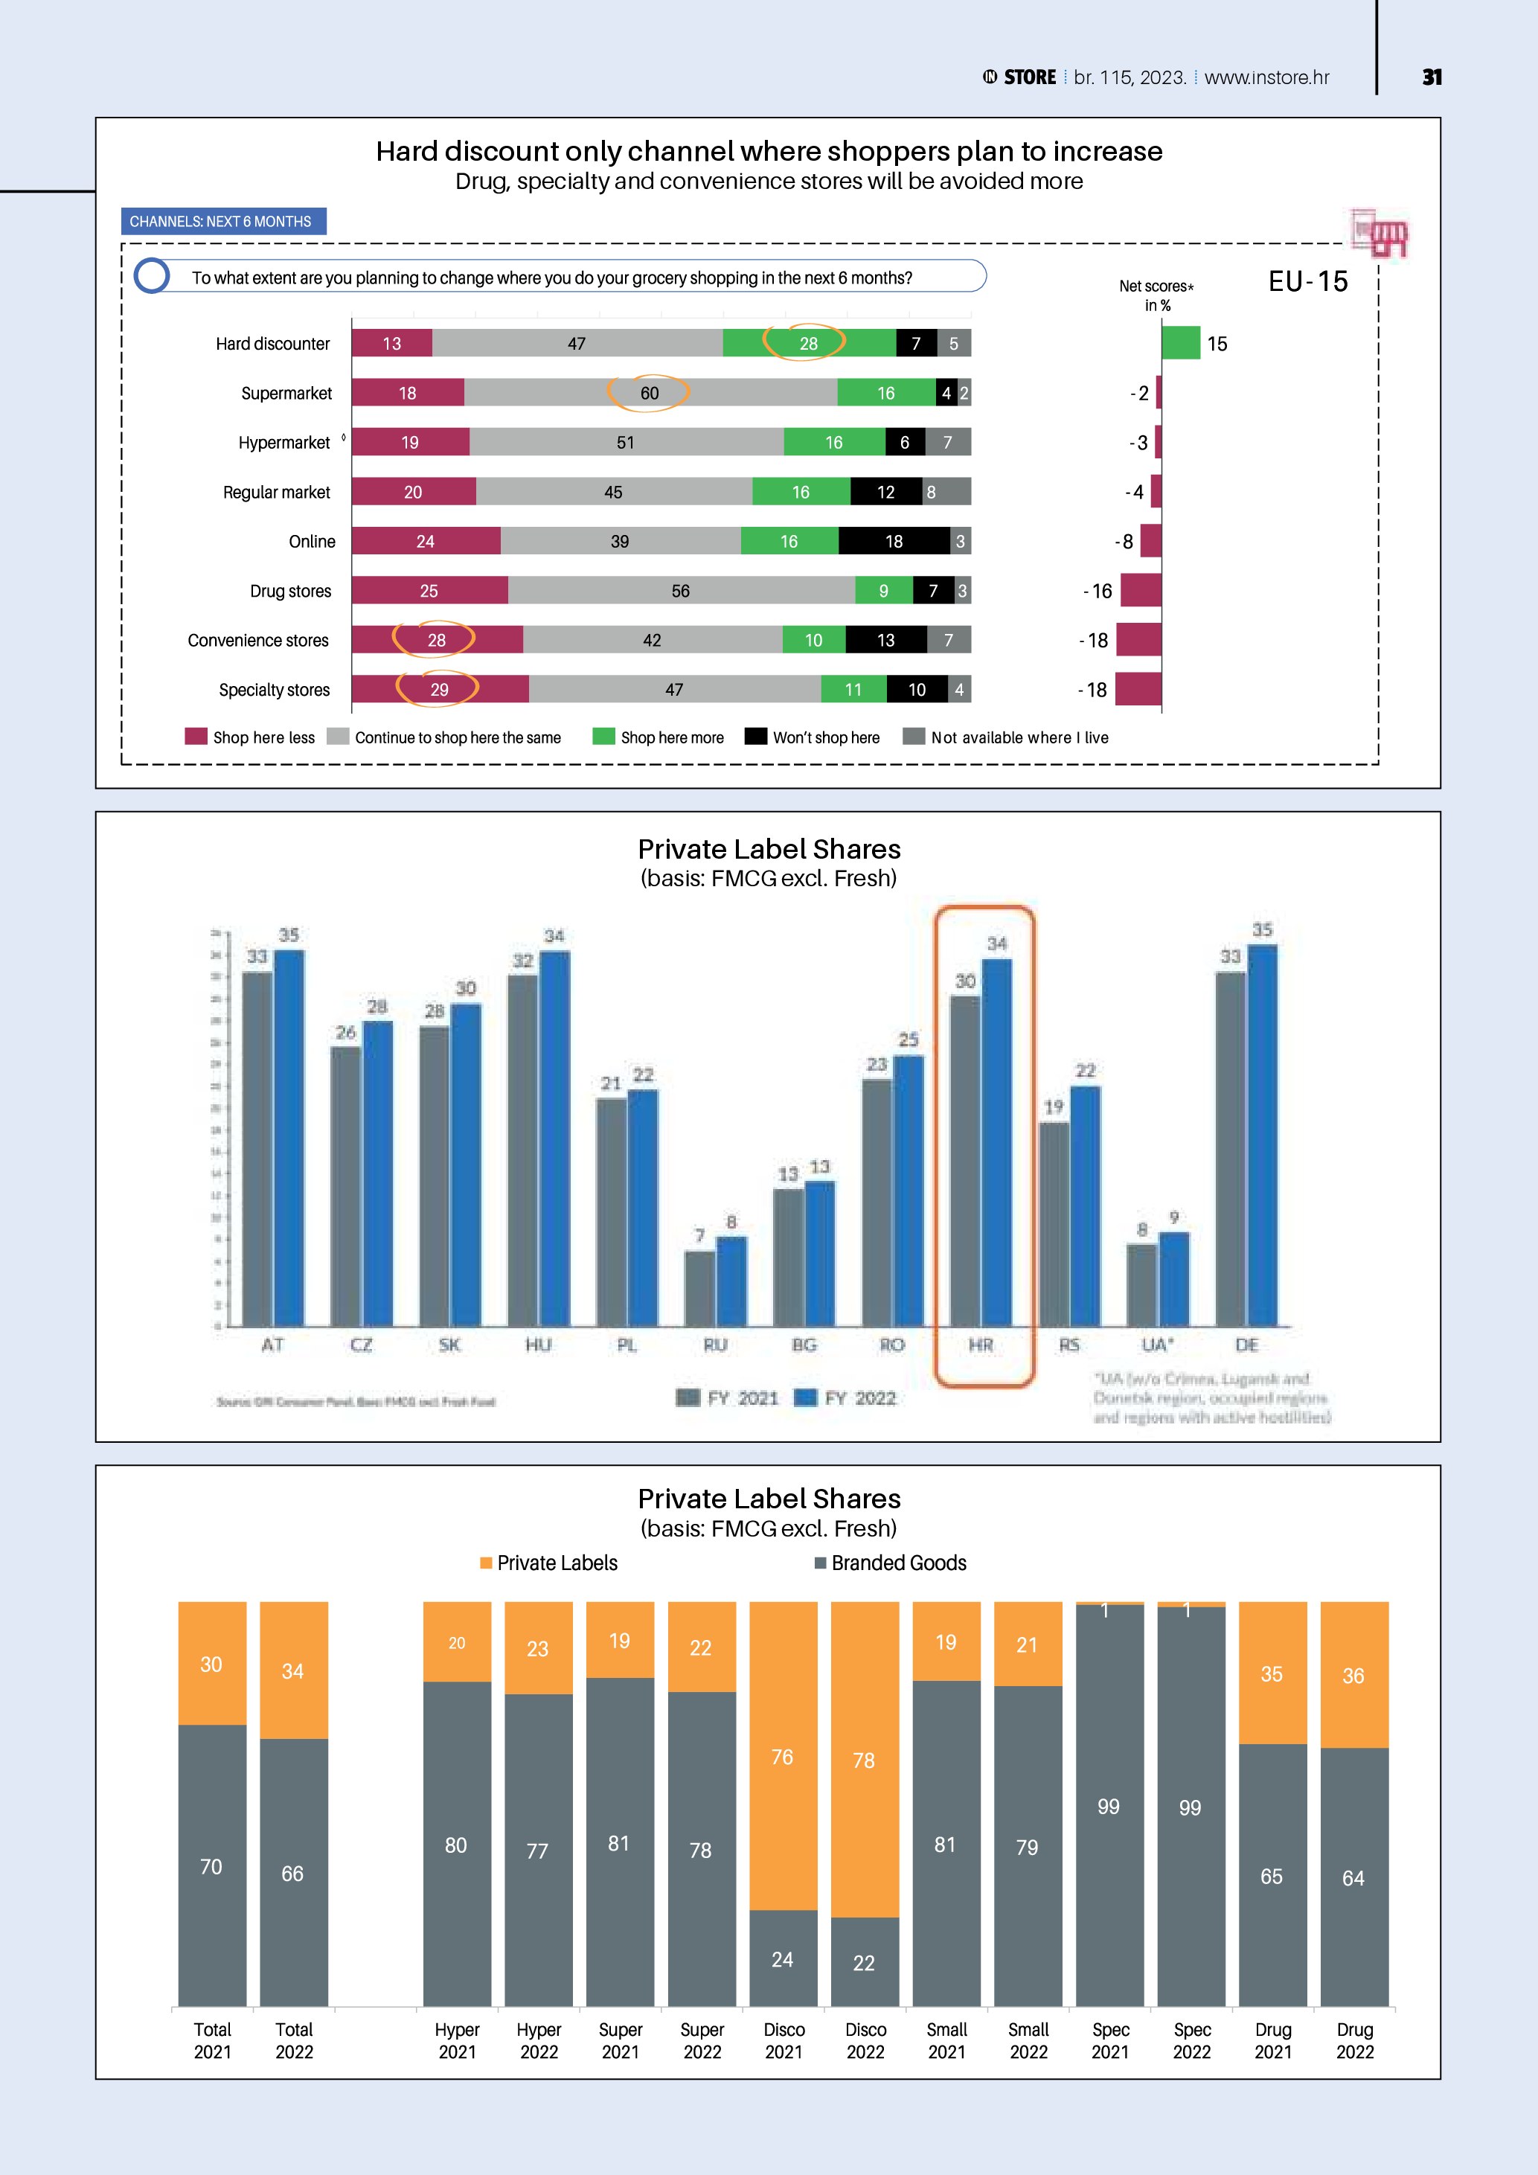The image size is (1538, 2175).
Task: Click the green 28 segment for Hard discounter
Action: tap(809, 343)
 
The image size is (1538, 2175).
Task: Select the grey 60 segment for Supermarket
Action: tap(650, 392)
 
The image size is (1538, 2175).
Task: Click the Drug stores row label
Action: tap(291, 591)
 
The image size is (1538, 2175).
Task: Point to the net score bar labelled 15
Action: tap(1180, 343)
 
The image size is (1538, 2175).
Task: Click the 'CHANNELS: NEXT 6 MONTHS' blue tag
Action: tap(223, 222)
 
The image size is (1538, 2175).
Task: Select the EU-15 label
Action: tap(1308, 281)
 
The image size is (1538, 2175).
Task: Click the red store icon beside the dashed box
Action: tap(1380, 233)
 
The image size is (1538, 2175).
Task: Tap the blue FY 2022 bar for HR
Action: tap(996, 1141)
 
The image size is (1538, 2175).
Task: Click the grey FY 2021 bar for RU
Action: tap(700, 1288)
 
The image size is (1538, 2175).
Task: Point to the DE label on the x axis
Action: tap(1246, 1345)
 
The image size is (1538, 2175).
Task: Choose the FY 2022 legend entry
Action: tap(846, 1398)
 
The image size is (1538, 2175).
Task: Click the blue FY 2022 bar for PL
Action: tap(643, 1208)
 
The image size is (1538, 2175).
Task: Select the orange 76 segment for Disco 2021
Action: tap(784, 1755)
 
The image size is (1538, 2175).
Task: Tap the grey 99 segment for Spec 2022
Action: tap(1191, 1807)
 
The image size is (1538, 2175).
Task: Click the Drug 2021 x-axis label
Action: tap(1273, 2040)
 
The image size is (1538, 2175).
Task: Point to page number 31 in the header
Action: tap(1432, 77)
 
